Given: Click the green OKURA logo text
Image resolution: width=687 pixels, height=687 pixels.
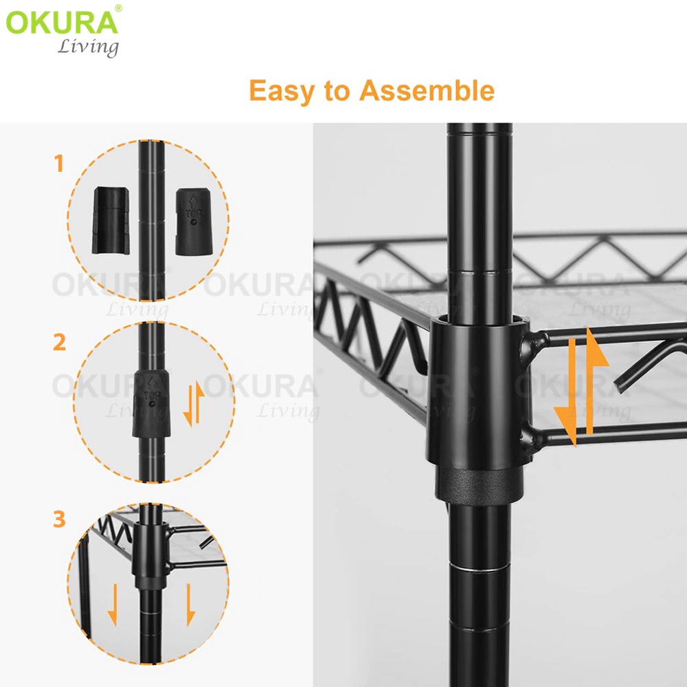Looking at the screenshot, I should [62, 22].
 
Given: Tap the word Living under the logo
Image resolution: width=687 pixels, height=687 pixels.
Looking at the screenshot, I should [87, 47].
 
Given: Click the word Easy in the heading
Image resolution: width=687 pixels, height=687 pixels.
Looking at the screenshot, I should [282, 91].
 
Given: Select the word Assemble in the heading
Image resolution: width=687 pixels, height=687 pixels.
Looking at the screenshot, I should [427, 91].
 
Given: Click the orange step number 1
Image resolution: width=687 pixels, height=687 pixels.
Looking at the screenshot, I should [59, 164].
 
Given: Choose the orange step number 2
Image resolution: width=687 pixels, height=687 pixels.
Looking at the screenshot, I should [60, 341].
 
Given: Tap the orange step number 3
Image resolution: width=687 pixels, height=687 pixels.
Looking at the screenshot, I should [60, 519].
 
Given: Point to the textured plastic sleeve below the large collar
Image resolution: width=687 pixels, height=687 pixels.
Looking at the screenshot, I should [478, 484].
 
